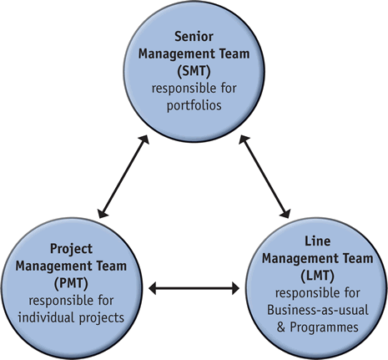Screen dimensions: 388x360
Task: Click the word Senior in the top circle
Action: coord(194,37)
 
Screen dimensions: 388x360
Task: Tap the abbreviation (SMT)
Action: coord(194,71)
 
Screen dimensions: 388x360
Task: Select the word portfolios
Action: coord(194,105)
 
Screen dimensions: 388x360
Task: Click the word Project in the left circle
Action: coord(71,249)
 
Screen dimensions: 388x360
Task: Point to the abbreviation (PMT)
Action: coord(71,283)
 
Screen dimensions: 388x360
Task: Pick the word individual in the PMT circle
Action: coord(47,317)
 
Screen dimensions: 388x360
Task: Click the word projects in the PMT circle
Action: coord(102,318)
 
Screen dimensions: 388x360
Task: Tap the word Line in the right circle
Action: coord(318,241)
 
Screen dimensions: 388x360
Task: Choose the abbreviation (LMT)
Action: coord(317,276)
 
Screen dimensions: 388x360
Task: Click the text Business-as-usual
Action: coord(318,310)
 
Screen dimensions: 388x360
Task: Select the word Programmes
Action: coord(324,327)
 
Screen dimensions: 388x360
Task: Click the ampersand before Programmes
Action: coord(281,327)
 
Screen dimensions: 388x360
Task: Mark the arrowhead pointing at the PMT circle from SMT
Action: coord(103,213)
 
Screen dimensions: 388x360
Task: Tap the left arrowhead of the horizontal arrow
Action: coord(153,288)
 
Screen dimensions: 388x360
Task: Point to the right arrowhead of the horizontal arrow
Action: coord(235,288)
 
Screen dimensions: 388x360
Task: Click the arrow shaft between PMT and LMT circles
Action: coord(194,288)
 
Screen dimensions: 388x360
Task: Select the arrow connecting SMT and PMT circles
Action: coord(123,176)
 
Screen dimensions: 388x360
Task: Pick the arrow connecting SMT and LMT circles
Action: coord(265,176)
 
